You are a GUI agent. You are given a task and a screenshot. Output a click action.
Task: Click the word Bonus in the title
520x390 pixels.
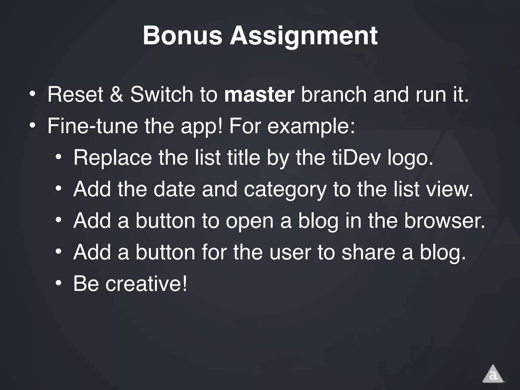[x=182, y=36]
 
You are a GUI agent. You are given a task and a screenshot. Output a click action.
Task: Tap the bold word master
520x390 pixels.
[x=259, y=94]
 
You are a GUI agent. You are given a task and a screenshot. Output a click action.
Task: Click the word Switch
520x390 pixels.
[x=161, y=94]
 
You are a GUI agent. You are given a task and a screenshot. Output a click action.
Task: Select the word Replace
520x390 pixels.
[x=112, y=158]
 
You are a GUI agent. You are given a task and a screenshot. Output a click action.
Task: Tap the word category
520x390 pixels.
[x=285, y=190]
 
